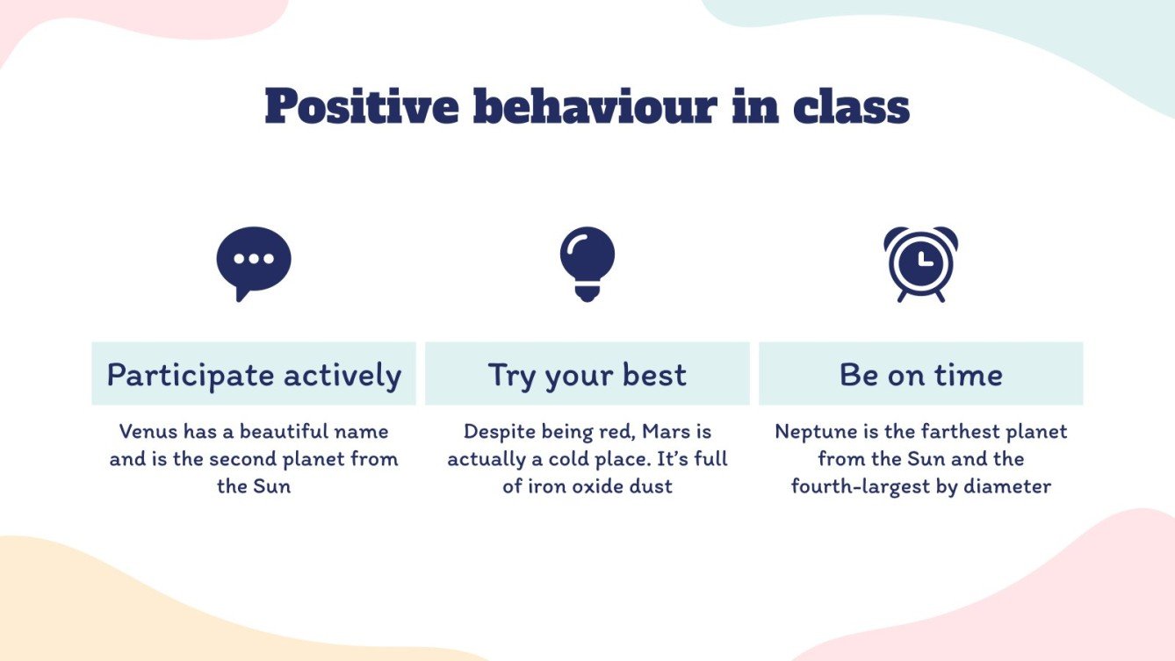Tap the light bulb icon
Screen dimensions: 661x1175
pos(587,262)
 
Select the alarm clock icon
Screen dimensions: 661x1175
pos(920,262)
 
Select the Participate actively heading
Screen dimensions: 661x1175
pos(254,375)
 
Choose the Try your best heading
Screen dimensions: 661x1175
pos(587,375)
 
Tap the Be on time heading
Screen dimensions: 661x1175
pos(920,375)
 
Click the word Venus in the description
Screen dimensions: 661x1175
pos(148,432)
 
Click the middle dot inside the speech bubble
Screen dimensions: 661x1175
pos(254,259)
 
